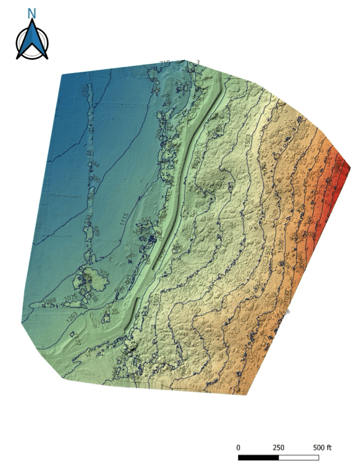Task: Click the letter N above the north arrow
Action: coord(32,13)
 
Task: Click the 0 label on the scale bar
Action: coord(238,447)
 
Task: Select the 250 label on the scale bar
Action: coord(279,447)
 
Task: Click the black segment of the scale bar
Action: coord(258,457)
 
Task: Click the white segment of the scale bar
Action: coord(299,457)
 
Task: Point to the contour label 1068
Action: coord(51,302)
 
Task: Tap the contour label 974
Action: coord(104,274)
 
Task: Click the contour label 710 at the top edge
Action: coord(165,63)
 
